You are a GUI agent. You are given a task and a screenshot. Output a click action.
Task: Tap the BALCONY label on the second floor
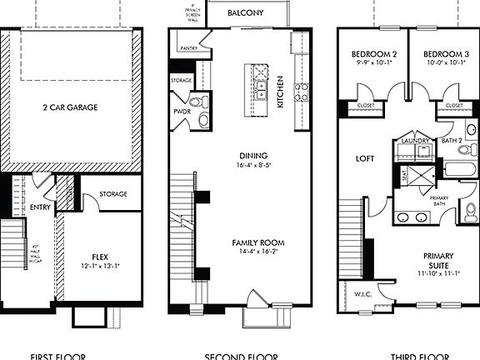pos(246,13)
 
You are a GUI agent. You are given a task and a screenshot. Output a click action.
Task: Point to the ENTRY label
pos(40,207)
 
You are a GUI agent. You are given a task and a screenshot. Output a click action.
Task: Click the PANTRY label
pos(189,49)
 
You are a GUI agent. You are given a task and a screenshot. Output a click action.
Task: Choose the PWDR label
pos(182,110)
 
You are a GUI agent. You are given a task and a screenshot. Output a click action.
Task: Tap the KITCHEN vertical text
pos(281,91)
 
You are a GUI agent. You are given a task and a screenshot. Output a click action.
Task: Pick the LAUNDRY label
pos(414,142)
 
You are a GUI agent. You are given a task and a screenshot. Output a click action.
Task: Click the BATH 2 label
pos(451,142)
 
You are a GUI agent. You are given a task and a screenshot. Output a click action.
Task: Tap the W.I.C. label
pos(350,292)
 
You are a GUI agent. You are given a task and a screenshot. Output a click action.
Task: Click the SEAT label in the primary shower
pos(405,177)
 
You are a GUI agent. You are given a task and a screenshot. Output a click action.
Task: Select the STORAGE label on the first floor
pos(113,194)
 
